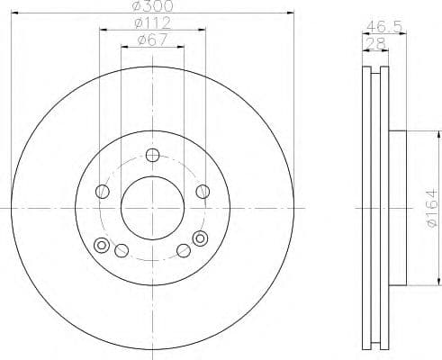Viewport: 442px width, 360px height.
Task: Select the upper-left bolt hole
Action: pyautogui.click(x=103, y=192)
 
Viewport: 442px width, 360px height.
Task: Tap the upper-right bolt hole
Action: pyautogui.click(x=203, y=191)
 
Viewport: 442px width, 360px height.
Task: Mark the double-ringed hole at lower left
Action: pyautogui.click(x=101, y=245)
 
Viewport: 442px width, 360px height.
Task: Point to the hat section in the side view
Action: pyautogui.click(x=397, y=208)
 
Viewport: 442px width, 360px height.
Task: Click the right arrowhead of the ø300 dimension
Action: pyautogui.click(x=292, y=13)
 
